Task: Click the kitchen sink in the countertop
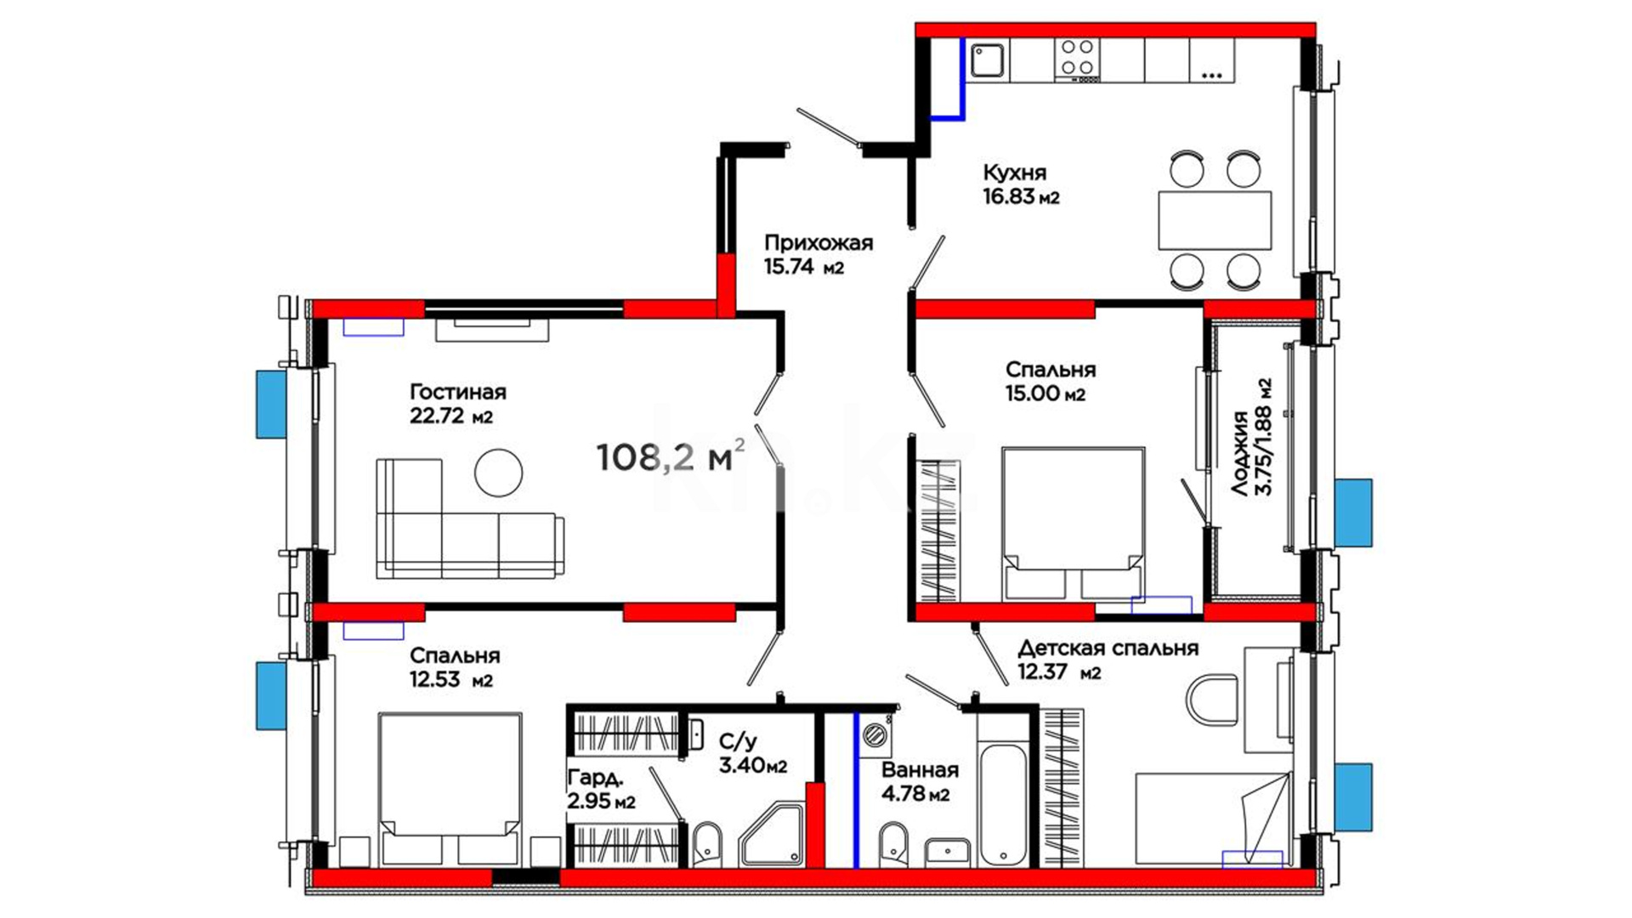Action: (x=987, y=60)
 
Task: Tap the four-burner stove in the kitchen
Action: (x=1077, y=59)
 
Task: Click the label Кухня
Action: (x=1015, y=173)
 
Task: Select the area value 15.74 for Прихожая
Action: (x=788, y=266)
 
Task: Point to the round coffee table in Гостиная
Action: (x=498, y=473)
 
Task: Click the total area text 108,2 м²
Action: (x=670, y=456)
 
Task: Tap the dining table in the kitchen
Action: (x=1215, y=220)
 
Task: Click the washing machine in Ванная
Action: (x=875, y=736)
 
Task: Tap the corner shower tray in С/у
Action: (x=772, y=835)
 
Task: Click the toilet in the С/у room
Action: (x=707, y=844)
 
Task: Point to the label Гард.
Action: (x=595, y=777)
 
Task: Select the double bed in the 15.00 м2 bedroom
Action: (x=1073, y=524)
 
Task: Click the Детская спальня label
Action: (x=1108, y=649)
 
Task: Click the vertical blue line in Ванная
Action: (x=856, y=790)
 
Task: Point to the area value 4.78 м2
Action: (x=915, y=795)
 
